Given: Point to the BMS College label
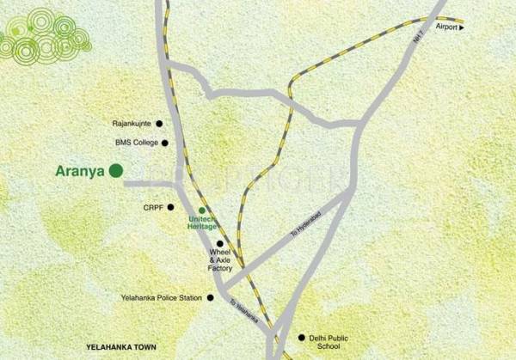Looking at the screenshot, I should (136, 143).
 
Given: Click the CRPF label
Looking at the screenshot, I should (152, 207).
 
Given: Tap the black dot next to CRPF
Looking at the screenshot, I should (171, 207).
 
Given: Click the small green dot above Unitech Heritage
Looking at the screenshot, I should (202, 210).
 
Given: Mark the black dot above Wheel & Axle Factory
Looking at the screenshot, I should (220, 243).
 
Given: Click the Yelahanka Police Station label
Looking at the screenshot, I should (160, 298).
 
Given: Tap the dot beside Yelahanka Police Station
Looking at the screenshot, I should (210, 298).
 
